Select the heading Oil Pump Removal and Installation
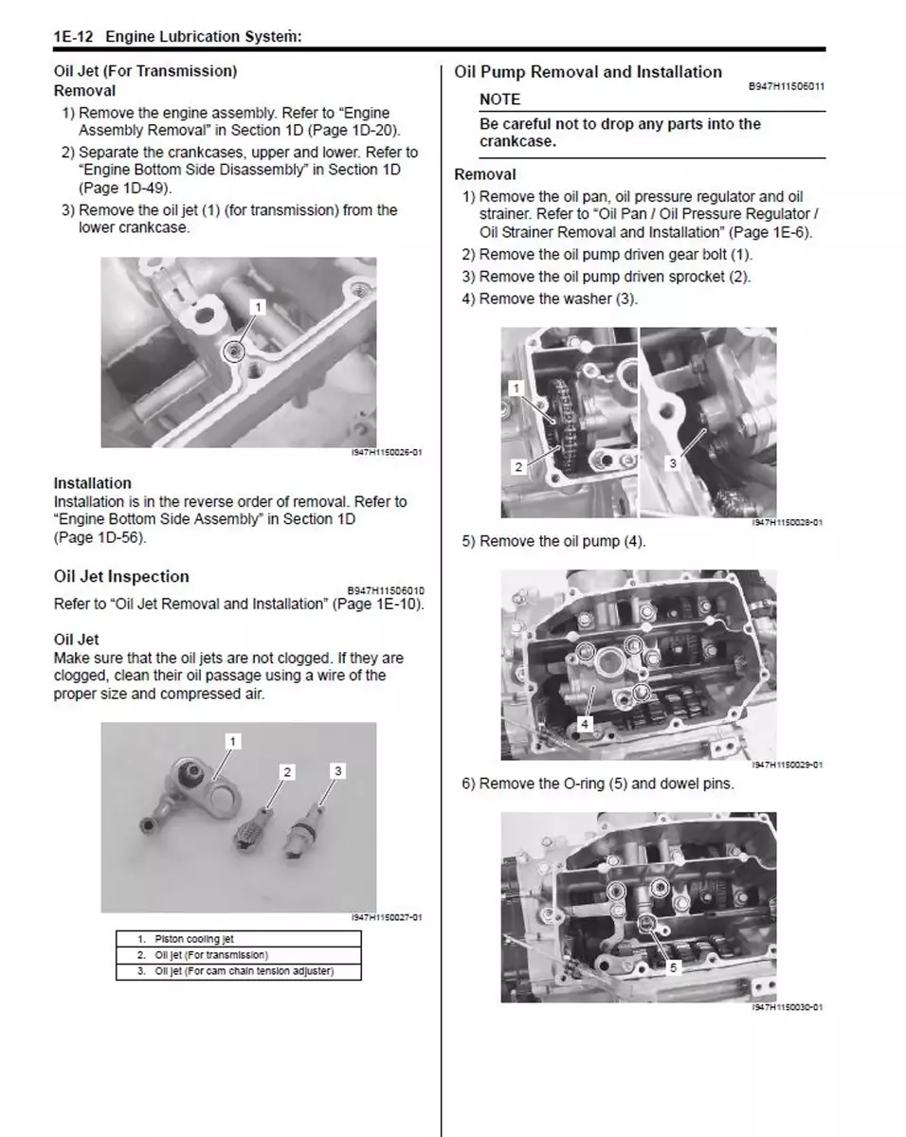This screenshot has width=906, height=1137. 588,72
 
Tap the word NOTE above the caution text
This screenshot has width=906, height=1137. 499,99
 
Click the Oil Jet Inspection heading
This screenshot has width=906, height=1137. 121,576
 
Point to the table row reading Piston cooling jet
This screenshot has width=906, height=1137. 238,939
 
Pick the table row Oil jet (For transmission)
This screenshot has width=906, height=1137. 238,955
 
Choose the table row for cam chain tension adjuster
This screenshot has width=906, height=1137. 238,971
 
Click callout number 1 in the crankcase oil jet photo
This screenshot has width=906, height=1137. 258,306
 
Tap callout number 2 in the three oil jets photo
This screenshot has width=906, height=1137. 286,772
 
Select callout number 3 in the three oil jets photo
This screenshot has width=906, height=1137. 338,770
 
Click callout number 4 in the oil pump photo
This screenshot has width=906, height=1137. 585,724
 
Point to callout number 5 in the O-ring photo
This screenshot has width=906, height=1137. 673,967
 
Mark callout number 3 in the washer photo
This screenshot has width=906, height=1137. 672,463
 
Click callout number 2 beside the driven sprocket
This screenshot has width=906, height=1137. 517,466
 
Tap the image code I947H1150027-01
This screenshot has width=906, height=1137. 386,917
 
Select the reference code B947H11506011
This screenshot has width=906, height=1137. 786,86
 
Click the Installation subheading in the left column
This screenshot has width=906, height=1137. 93,483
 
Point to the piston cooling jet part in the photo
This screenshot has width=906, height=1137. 204,785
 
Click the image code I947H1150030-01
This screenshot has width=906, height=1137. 786,1006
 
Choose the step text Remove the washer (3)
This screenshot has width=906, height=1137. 558,299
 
